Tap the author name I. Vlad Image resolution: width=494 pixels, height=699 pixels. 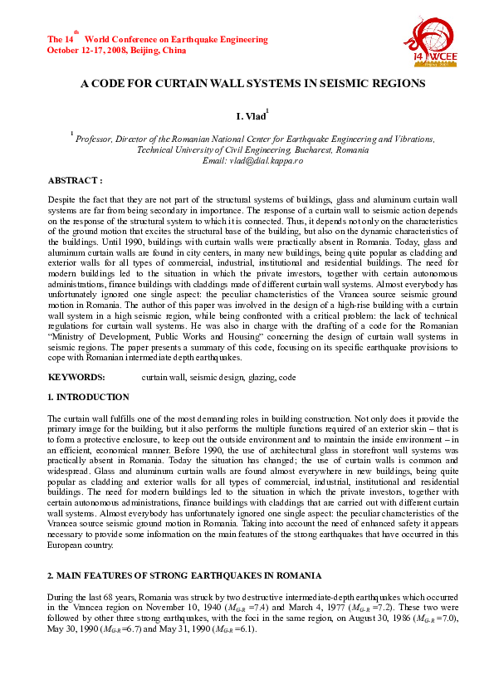pyautogui.click(x=251, y=118)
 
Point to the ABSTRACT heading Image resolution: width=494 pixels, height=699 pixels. pyautogui.click(x=75, y=179)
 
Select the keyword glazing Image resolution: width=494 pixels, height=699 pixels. pyautogui.click(x=262, y=377)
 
